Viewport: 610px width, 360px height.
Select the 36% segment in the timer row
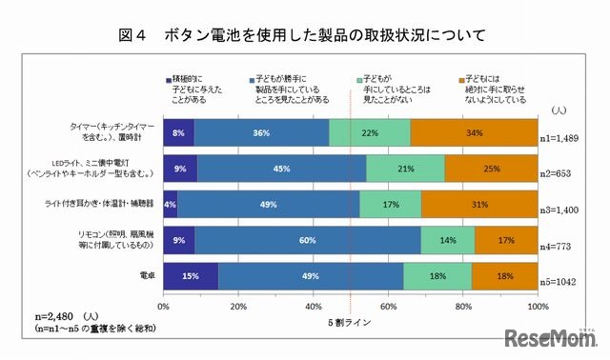(x=261, y=132)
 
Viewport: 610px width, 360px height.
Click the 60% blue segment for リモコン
(x=308, y=240)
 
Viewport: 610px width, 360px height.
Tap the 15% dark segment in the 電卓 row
(x=191, y=276)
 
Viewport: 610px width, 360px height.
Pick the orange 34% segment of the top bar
(x=474, y=132)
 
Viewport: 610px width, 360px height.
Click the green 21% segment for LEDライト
(x=405, y=169)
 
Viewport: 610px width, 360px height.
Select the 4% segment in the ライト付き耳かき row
(x=171, y=204)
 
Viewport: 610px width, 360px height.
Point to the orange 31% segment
(x=479, y=204)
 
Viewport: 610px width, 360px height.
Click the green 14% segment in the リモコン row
(x=448, y=240)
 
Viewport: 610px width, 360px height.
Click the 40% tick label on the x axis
(x=313, y=308)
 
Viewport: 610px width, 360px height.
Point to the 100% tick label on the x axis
(x=537, y=308)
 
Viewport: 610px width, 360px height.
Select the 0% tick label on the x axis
(x=164, y=308)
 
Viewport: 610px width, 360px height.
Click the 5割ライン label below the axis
(x=352, y=322)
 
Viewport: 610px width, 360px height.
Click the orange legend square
(x=462, y=78)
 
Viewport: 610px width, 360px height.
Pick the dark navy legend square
(x=169, y=78)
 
